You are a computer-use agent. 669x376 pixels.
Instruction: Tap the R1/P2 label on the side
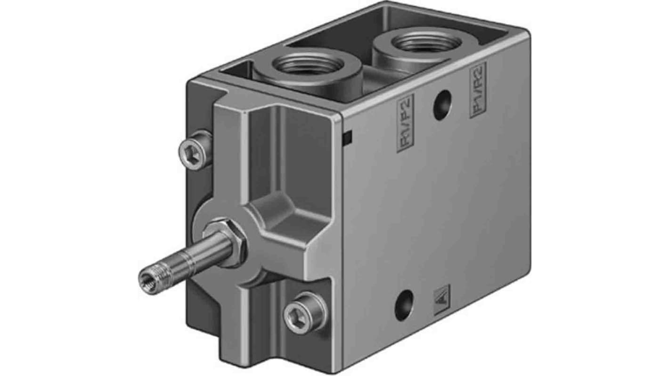(x=404, y=123)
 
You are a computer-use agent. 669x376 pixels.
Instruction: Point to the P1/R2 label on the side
(x=478, y=89)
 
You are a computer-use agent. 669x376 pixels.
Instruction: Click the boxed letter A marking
(x=441, y=300)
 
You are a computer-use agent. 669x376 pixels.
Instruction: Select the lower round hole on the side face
(x=404, y=305)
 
